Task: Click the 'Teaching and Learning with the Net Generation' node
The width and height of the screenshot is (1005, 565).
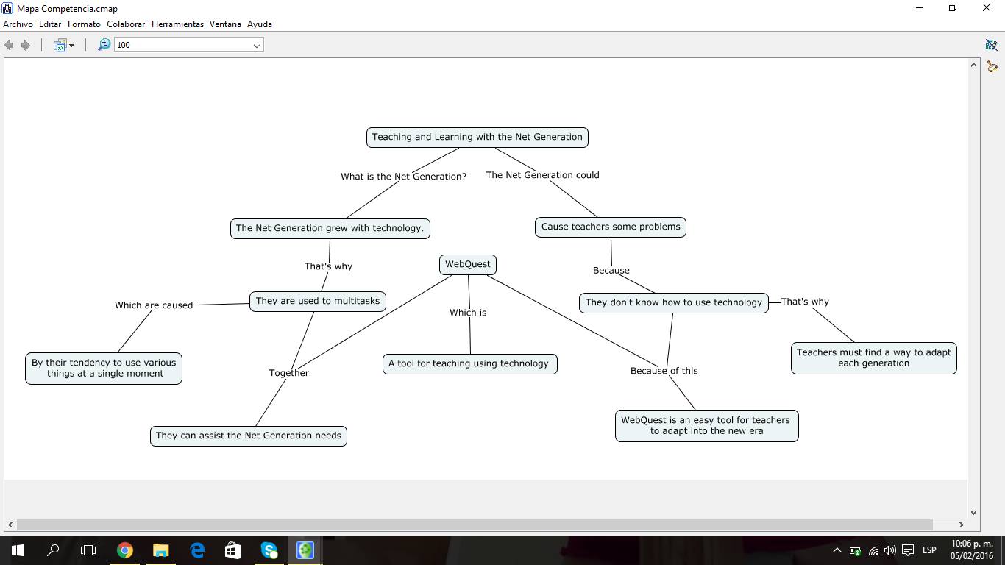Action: pyautogui.click(x=477, y=137)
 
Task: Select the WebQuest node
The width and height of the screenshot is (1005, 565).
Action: pyautogui.click(x=467, y=264)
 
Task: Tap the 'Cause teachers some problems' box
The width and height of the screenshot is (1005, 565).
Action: pyautogui.click(x=610, y=227)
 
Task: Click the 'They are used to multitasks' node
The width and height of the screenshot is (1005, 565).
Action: pyautogui.click(x=317, y=301)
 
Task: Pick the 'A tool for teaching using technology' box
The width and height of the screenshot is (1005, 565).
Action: pyautogui.click(x=469, y=363)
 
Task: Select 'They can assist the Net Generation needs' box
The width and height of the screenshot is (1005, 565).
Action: pyautogui.click(x=248, y=436)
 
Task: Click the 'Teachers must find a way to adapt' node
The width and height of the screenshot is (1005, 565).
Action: pyautogui.click(x=873, y=358)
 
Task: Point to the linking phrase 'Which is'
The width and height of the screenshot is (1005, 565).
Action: pyautogui.click(x=468, y=313)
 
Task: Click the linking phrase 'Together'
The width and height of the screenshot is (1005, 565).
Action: pyautogui.click(x=289, y=373)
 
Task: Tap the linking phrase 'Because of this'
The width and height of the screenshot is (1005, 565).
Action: pyautogui.click(x=664, y=371)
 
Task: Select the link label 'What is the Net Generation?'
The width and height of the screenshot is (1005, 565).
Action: pyautogui.click(x=403, y=177)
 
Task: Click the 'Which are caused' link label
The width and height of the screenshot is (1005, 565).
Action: pyautogui.click(x=154, y=305)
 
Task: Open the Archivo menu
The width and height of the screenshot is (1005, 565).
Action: pyautogui.click(x=18, y=24)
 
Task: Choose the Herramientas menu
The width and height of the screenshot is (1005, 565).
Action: pyautogui.click(x=177, y=24)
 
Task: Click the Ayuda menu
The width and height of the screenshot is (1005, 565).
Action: pyautogui.click(x=260, y=24)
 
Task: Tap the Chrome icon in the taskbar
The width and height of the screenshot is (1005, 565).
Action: pyautogui.click(x=125, y=550)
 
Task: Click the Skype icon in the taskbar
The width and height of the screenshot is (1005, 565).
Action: pyautogui.click(x=269, y=550)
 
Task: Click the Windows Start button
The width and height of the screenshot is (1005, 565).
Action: pyautogui.click(x=17, y=550)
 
